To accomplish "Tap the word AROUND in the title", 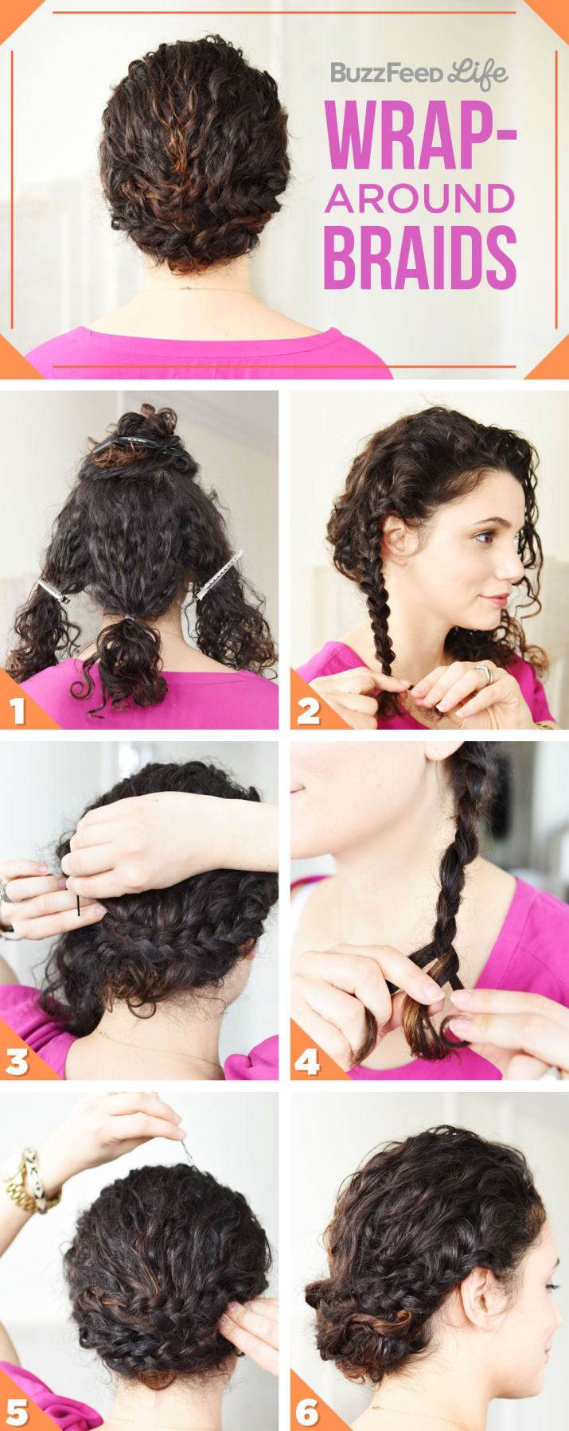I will click(419, 199).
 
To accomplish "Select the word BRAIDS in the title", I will click(419, 259).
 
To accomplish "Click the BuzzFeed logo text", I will click(386, 74).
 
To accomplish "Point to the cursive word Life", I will click(478, 73).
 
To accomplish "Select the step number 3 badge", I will click(18, 1061).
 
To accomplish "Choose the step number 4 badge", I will click(308, 1061).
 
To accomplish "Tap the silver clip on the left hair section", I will click(53, 590).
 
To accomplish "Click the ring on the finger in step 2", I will click(484, 673).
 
